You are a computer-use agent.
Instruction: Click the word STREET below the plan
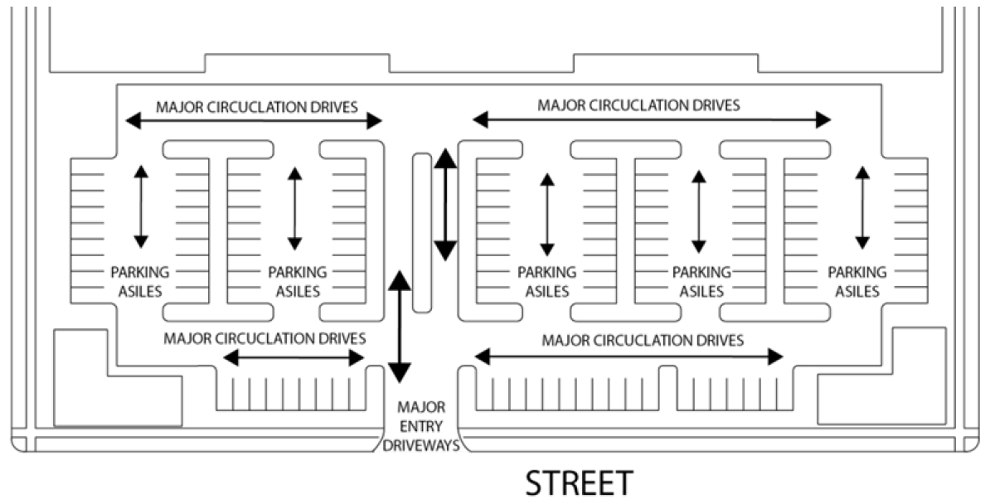pyautogui.click(x=579, y=483)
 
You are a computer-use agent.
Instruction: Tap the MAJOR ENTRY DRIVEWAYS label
pyautogui.click(x=422, y=426)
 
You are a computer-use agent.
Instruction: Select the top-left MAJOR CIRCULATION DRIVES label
pyautogui.click(x=257, y=107)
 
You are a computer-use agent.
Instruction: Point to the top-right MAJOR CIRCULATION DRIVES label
pyautogui.click(x=638, y=105)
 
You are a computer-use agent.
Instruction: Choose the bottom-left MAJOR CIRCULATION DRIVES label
pyautogui.click(x=264, y=338)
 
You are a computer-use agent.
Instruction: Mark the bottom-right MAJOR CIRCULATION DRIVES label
pyautogui.click(x=643, y=340)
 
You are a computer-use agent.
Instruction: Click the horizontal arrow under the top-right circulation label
pyautogui.click(x=651, y=120)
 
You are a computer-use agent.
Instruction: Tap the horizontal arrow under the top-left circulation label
pyautogui.click(x=254, y=122)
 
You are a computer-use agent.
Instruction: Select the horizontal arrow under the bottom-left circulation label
pyautogui.click(x=294, y=358)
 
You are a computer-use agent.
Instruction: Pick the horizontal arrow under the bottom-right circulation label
pyautogui.click(x=628, y=357)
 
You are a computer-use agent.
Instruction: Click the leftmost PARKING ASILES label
pyautogui.click(x=140, y=281)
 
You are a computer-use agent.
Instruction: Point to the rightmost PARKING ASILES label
pyautogui.click(x=857, y=281)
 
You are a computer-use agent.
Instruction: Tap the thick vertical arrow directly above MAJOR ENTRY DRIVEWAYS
pyautogui.click(x=400, y=326)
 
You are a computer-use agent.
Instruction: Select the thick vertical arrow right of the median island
pyautogui.click(x=446, y=205)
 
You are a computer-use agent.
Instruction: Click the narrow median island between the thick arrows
pyautogui.click(x=422, y=232)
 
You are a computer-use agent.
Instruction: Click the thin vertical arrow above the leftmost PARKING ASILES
pyautogui.click(x=140, y=207)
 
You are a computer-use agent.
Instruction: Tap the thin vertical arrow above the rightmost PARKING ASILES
pyautogui.click(x=862, y=207)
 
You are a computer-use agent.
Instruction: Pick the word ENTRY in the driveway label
pyautogui.click(x=422, y=426)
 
